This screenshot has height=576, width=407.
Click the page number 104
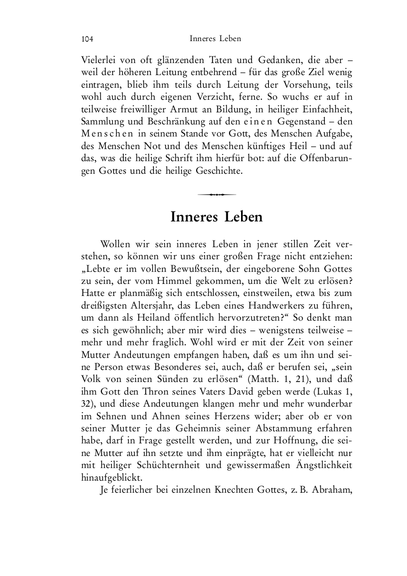[87, 39]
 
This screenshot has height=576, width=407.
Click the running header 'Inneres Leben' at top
[215, 39]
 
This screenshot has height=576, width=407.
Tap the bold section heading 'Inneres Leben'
[216, 217]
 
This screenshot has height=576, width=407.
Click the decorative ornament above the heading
[217, 194]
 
